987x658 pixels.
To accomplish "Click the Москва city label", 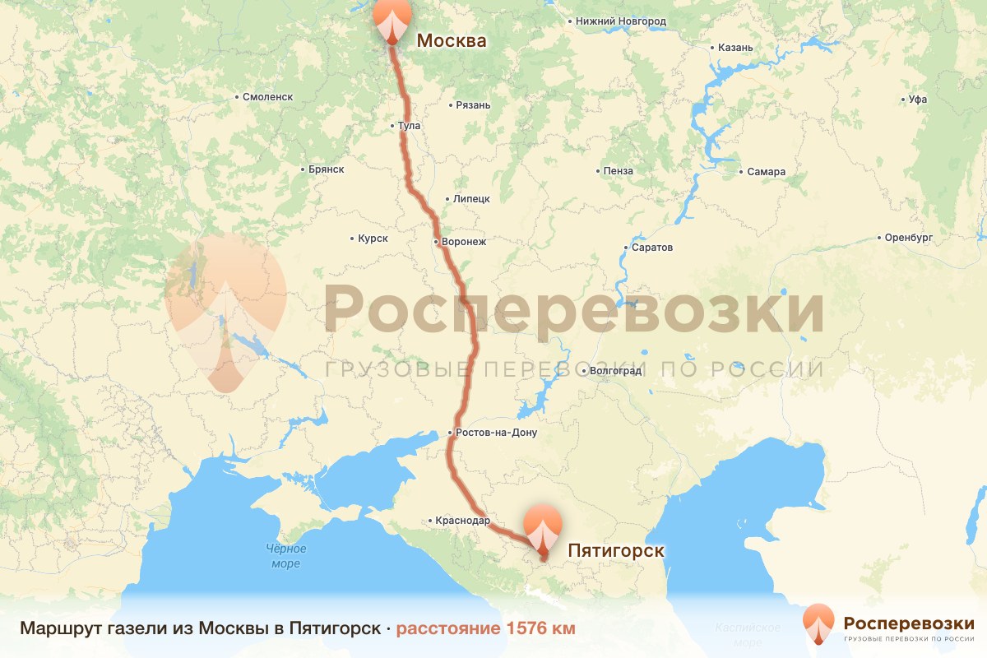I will point(452,40).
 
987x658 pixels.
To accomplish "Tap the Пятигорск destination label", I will point(616,550).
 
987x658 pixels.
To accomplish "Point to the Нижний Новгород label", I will point(620,21).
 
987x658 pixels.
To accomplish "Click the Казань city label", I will point(734,48).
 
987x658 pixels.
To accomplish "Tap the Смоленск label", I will point(267,97).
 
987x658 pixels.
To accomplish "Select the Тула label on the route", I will point(408,126).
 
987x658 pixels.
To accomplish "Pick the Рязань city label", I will point(473,105).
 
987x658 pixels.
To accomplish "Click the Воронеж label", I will point(464,242).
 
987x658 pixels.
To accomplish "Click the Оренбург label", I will point(907,238).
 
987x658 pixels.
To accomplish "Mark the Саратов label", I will point(652,248).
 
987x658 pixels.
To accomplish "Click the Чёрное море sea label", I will point(286,556).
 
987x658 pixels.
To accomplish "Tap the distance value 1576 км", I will point(540,628).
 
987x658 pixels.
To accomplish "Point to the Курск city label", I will point(373,239).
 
